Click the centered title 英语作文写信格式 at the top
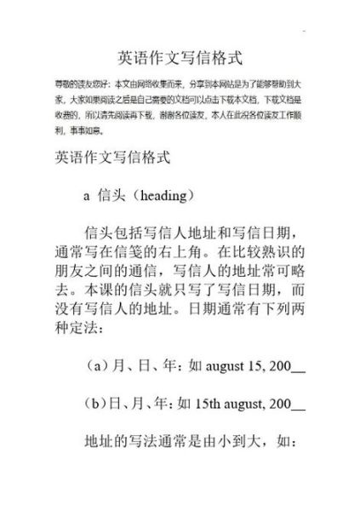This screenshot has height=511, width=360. (x=180, y=59)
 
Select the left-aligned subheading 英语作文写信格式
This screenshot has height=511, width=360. (x=113, y=158)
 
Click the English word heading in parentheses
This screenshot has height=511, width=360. (x=164, y=195)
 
